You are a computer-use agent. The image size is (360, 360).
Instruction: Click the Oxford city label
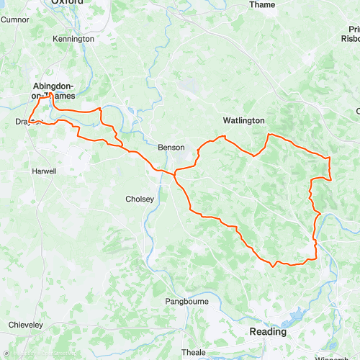(66, 3)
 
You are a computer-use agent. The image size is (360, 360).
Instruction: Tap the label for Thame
(261, 4)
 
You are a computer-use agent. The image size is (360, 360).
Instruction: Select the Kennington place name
(73, 38)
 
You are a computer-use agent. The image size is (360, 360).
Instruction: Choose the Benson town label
(171, 147)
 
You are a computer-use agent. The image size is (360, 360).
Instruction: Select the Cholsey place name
(140, 199)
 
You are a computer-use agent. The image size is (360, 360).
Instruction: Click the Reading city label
(267, 332)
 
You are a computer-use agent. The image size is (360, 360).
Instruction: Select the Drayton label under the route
(27, 122)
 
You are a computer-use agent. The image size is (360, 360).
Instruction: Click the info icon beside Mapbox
(5, 355)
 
